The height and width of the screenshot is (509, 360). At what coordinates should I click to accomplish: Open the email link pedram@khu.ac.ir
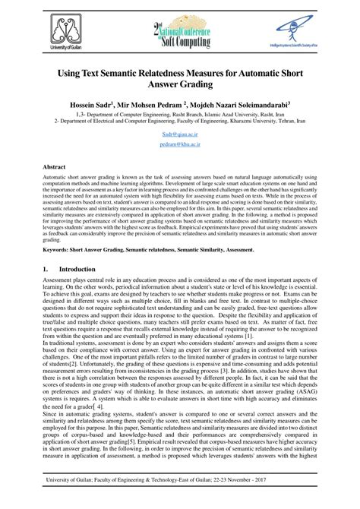180,142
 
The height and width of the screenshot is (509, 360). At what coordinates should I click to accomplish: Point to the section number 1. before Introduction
45,268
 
